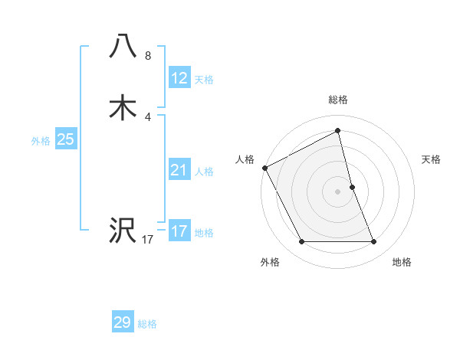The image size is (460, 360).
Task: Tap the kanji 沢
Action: [x=123, y=230]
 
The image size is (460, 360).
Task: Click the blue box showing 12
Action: [x=179, y=78]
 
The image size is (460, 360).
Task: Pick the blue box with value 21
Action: [x=179, y=170]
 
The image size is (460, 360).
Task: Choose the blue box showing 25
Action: [x=66, y=139]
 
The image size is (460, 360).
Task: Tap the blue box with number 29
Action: [x=123, y=322]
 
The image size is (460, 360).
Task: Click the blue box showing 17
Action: [x=179, y=231]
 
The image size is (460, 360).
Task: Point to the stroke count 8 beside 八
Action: [x=148, y=55]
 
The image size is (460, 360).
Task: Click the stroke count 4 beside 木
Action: [x=148, y=117]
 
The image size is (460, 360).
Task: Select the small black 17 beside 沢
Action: [x=148, y=240]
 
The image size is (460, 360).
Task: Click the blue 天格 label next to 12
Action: [x=204, y=80]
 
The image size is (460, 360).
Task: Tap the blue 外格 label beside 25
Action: [x=41, y=141]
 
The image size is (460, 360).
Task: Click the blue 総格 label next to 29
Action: [x=147, y=324]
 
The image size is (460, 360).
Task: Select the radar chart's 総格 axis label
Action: [x=338, y=100]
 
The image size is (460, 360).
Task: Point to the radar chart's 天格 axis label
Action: [x=432, y=159]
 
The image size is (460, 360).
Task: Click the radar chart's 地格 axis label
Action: [x=402, y=262]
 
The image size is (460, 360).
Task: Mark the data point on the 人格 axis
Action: [x=264, y=168]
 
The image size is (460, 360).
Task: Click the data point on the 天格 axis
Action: [x=352, y=187]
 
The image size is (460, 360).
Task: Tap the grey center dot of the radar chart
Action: [x=338, y=191]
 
